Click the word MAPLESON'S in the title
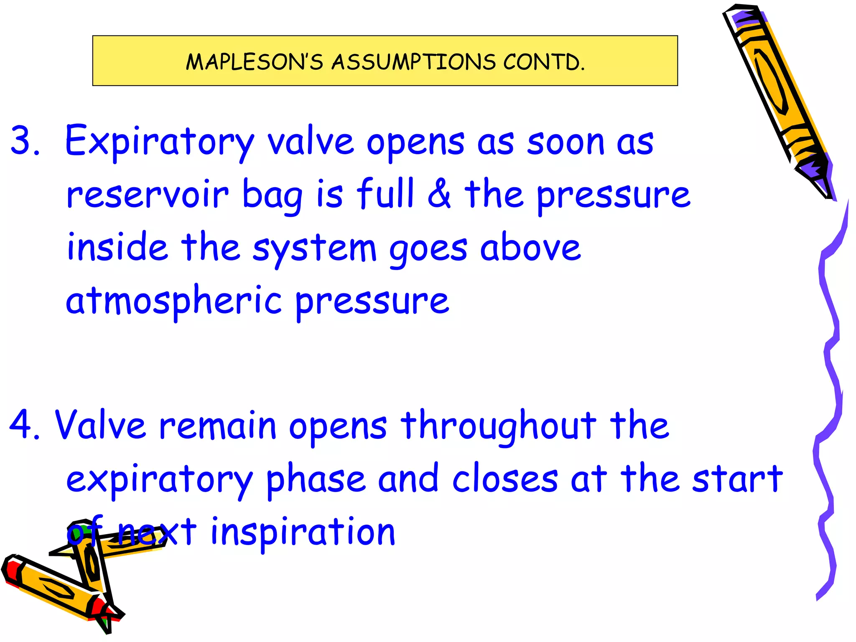click(254, 62)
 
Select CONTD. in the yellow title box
click(544, 62)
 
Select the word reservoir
click(148, 195)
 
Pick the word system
click(314, 249)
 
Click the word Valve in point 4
click(100, 425)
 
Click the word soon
click(565, 142)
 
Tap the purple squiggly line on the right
click(832, 376)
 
